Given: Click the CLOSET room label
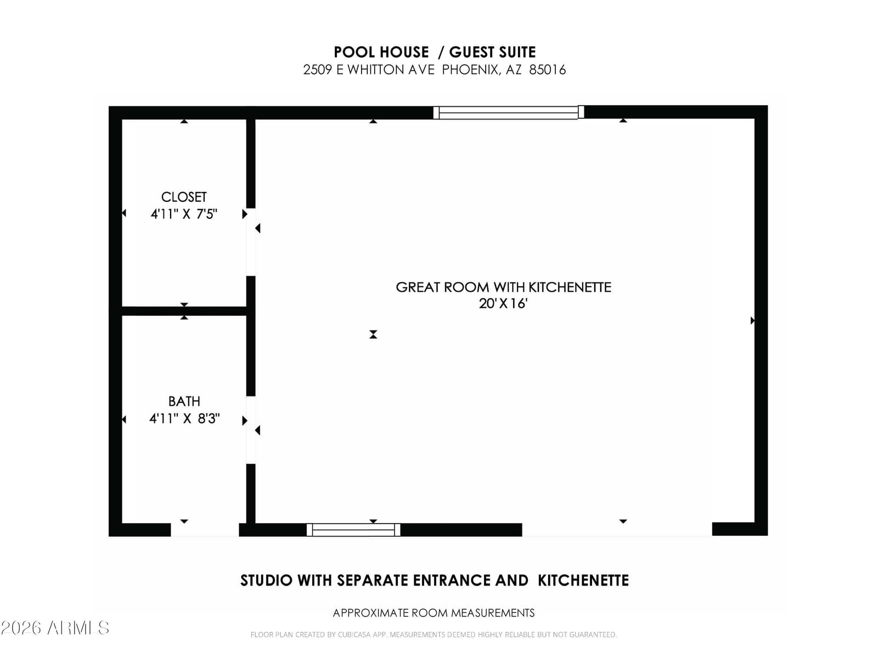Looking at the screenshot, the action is pyautogui.click(x=184, y=197).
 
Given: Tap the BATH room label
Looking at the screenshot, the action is pyautogui.click(x=184, y=401).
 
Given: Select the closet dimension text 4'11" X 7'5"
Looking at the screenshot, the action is pyautogui.click(x=184, y=214).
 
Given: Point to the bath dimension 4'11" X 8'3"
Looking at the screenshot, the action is pyautogui.click(x=184, y=418).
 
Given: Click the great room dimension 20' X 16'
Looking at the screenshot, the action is pyautogui.click(x=503, y=304).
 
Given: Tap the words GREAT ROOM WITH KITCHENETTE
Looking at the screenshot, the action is pyautogui.click(x=503, y=287).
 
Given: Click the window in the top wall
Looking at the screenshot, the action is pyautogui.click(x=508, y=112).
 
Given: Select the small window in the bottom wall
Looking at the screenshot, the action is pyautogui.click(x=353, y=530).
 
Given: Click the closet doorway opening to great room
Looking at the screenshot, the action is pyautogui.click(x=251, y=242).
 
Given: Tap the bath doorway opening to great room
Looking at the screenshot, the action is pyautogui.click(x=251, y=430).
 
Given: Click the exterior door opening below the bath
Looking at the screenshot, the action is pyautogui.click(x=205, y=530).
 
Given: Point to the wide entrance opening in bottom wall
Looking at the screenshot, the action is pyautogui.click(x=617, y=530).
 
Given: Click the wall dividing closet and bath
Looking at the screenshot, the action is pyautogui.click(x=184, y=311).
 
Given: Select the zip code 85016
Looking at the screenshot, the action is pyautogui.click(x=547, y=70).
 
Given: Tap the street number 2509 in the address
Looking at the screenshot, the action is pyautogui.click(x=318, y=70).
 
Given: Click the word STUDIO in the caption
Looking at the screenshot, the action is pyautogui.click(x=266, y=581).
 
